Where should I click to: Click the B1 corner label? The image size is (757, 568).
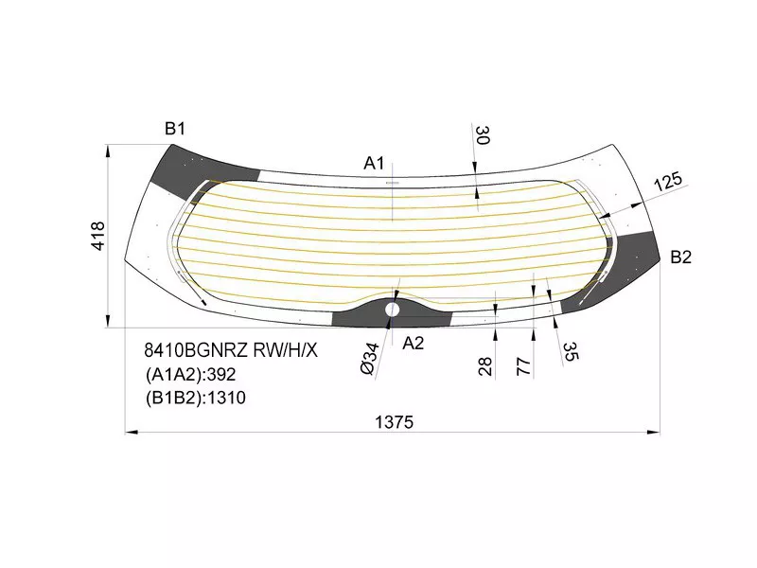point(175,130)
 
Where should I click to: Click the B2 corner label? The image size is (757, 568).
point(681,257)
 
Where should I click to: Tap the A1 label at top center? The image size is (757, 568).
point(375,163)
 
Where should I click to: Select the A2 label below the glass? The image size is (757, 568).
point(414,343)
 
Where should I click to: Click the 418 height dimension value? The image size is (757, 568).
point(99,236)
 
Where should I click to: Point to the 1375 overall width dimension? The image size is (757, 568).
point(394,422)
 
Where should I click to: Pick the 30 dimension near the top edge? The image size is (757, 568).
point(482,136)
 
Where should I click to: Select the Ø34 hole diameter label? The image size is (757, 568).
point(371,359)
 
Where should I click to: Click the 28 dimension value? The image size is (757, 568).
point(485,366)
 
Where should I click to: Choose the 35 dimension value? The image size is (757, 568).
point(570,352)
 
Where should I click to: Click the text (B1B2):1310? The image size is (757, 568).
point(195,398)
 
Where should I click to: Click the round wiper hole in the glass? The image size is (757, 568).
point(393,308)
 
